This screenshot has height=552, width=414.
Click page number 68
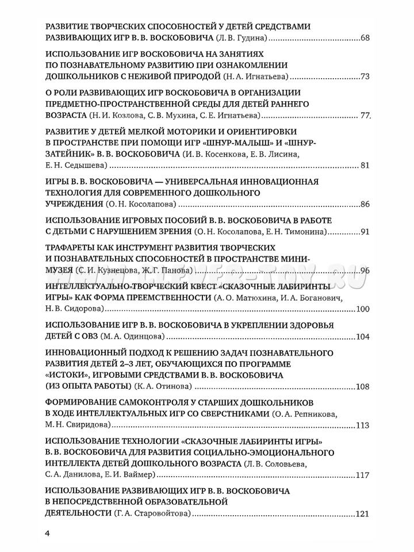coord(365,39)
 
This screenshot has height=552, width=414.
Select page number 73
coord(365,77)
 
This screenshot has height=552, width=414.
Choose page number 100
coord(362,309)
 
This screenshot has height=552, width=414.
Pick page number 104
coord(362,336)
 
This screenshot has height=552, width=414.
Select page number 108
coord(362,386)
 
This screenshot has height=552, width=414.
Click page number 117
coord(362,476)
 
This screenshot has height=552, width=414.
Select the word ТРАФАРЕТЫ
coord(76,246)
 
